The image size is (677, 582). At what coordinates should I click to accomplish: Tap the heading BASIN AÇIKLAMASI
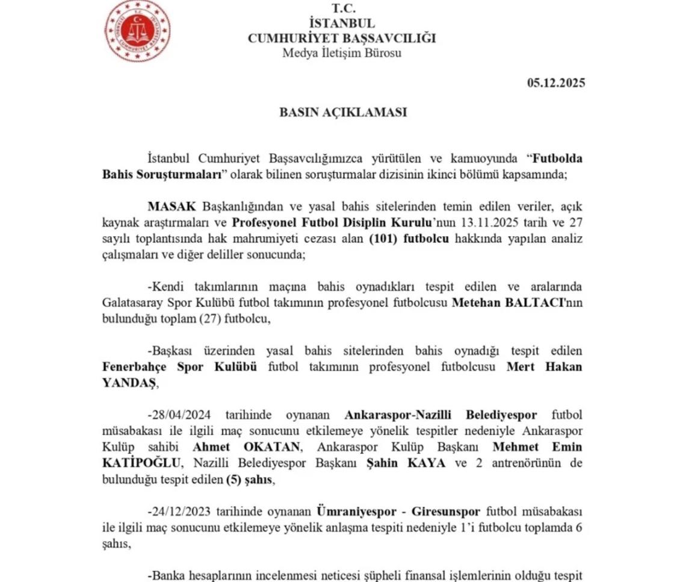[342, 112]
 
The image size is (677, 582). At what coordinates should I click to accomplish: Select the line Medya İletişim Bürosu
[342, 52]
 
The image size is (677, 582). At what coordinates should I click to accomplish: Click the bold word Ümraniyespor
[352, 512]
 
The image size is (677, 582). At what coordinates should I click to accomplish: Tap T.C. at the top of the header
[342, 8]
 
